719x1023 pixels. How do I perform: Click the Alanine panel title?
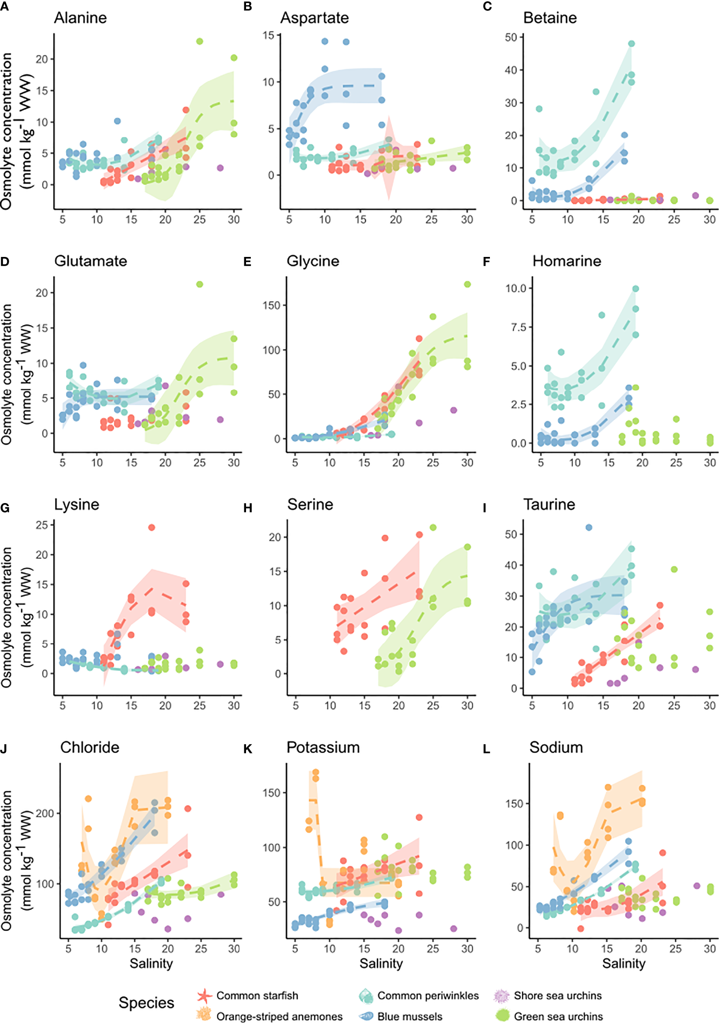tap(80, 18)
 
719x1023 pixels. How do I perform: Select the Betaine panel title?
tap(550, 18)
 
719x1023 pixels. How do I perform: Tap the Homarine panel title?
tap(567, 261)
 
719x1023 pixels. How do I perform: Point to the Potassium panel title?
tap(323, 747)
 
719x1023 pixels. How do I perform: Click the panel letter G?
tap(5, 508)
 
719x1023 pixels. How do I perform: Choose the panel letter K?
tap(248, 750)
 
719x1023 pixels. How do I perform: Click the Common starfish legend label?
tap(257, 995)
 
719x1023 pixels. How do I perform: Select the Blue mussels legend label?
tap(410, 1016)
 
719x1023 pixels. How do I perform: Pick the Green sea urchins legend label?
tap(558, 1016)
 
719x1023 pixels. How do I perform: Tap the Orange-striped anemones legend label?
tap(280, 1016)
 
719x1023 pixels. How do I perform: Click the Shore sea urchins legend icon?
tap(501, 995)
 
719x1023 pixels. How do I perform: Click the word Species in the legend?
tap(146, 1003)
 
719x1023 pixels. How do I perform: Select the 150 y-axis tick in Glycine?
tap(271, 306)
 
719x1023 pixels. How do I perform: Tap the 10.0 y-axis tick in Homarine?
tap(516, 288)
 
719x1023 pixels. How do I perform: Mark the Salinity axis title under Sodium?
tap(624, 963)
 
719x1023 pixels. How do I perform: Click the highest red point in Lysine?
tap(151, 527)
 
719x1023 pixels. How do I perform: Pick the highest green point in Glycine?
tap(467, 284)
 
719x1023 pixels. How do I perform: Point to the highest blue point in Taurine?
tap(589, 527)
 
